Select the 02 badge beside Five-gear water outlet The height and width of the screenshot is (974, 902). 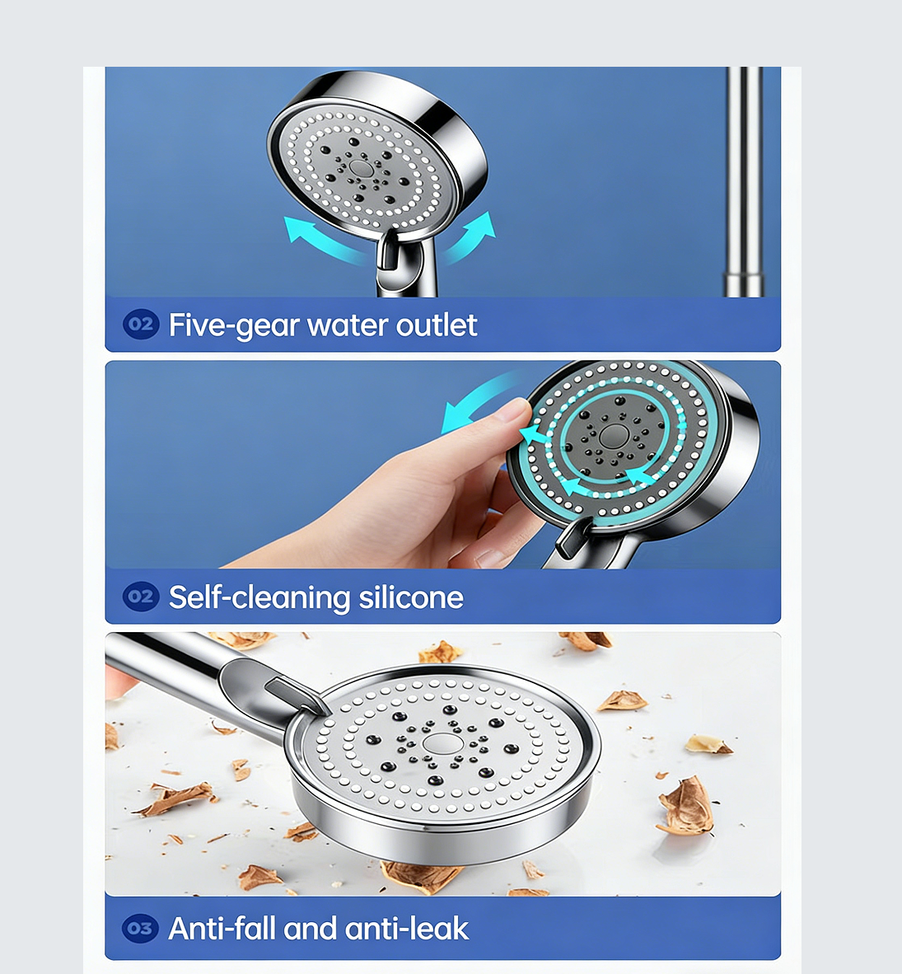(x=141, y=324)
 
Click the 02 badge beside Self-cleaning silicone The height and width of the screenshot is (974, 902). (x=141, y=596)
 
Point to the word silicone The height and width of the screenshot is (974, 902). (x=411, y=597)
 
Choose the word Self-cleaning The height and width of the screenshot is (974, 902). (x=259, y=597)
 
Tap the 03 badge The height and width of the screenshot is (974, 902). (x=140, y=929)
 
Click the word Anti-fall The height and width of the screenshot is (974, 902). (x=222, y=929)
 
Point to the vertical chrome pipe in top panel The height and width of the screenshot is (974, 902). (x=744, y=181)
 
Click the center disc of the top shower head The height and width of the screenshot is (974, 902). (x=360, y=167)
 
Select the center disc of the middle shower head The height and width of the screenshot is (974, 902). (x=612, y=436)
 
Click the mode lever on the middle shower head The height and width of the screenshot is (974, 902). (x=573, y=538)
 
